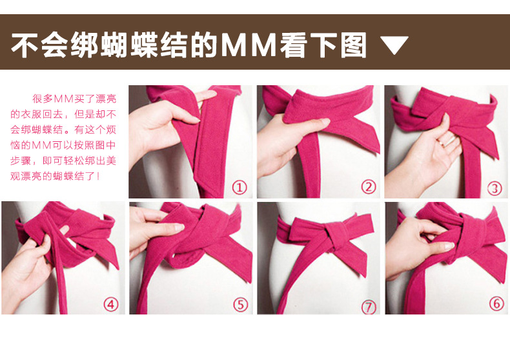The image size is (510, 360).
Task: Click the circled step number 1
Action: pos(240,188)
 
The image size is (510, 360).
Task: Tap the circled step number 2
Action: pos(369,187)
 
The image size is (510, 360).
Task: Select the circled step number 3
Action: pos(495,188)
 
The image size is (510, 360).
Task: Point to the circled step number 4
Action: pos(110,305)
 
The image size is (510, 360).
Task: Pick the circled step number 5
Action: pos(240,305)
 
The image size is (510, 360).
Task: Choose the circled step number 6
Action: pos(496,303)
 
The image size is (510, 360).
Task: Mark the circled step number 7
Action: pos(369,306)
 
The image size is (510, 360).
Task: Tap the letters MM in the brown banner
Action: pos(249,45)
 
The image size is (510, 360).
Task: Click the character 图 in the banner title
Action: pos(354,45)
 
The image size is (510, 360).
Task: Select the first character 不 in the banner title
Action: pos(25,45)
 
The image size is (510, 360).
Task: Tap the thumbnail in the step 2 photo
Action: pos(324,122)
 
